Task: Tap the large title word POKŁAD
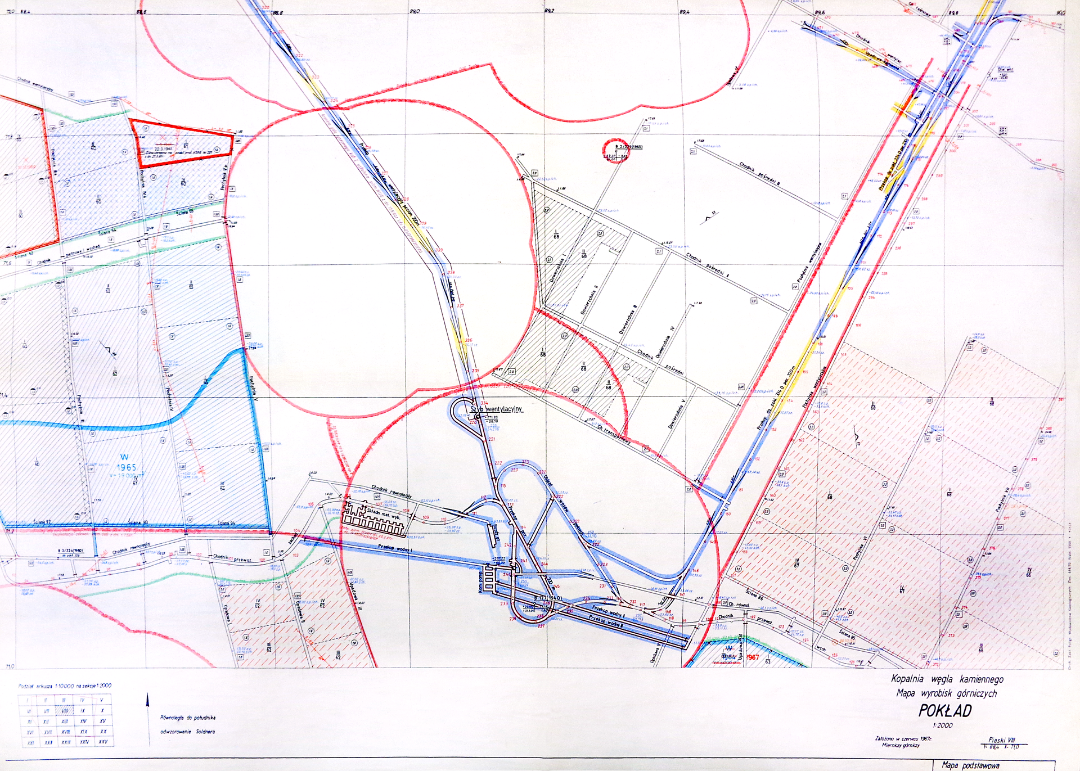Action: pyautogui.click(x=945, y=711)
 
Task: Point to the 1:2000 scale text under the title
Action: pyautogui.click(x=943, y=725)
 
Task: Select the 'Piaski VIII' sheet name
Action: pyautogui.click(x=1002, y=740)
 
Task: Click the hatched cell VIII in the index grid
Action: pyautogui.click(x=65, y=711)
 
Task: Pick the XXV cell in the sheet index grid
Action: pyautogui.click(x=102, y=742)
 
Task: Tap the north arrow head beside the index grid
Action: pyautogui.click(x=148, y=698)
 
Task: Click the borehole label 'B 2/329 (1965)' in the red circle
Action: pyautogui.click(x=628, y=146)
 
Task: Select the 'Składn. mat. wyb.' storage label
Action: pyautogui.click(x=383, y=514)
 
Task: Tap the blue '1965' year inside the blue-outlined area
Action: pyautogui.click(x=127, y=467)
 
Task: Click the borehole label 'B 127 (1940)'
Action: pyautogui.click(x=547, y=598)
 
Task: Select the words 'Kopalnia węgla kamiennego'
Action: pyautogui.click(x=947, y=679)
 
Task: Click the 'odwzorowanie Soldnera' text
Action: pyautogui.click(x=187, y=732)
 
